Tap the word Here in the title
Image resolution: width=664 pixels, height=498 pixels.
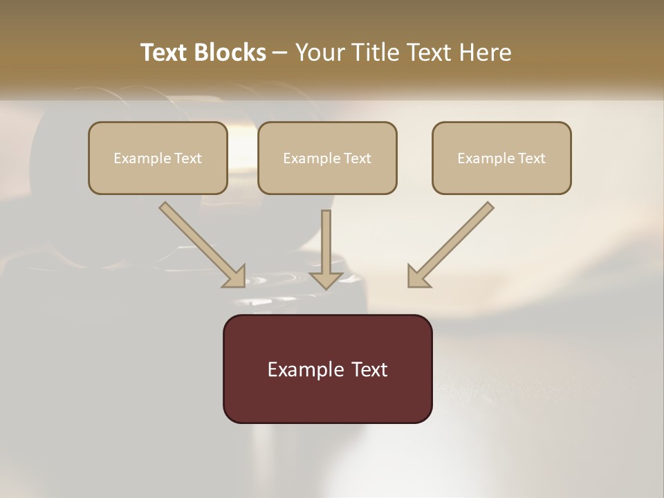pyautogui.click(x=486, y=53)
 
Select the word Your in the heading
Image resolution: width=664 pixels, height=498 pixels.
pyautogui.click(x=317, y=53)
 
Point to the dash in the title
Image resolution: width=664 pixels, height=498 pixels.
pyautogui.click(x=280, y=53)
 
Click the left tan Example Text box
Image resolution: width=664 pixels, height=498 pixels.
pyautogui.click(x=158, y=158)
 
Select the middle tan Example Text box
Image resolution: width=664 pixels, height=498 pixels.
pyautogui.click(x=327, y=158)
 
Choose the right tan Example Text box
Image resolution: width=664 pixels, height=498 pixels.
pyautogui.click(x=501, y=158)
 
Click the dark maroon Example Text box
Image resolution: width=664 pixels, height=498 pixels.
pyautogui.click(x=327, y=369)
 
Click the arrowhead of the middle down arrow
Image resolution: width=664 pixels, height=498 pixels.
pyautogui.click(x=326, y=279)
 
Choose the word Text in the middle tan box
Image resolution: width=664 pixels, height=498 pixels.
pyautogui.click(x=357, y=158)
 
